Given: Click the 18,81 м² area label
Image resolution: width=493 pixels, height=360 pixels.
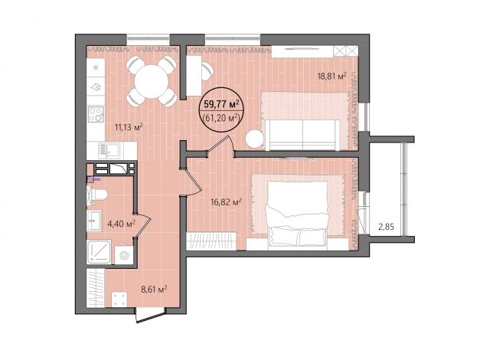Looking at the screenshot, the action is (x=331, y=76).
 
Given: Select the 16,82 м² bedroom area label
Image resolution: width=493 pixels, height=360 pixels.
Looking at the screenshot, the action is (x=227, y=201).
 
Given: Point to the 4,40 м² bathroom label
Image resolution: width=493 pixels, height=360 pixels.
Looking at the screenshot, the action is (x=122, y=224).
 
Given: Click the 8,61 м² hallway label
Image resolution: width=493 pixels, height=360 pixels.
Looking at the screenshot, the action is (x=154, y=289).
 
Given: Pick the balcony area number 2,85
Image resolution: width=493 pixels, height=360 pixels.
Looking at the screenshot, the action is (x=386, y=227).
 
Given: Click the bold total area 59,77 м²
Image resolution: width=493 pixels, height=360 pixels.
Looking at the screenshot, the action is (x=222, y=103).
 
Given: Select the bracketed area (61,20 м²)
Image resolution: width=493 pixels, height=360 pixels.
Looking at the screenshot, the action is (x=222, y=118).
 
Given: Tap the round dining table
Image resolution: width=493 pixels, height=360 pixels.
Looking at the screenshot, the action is (x=152, y=81).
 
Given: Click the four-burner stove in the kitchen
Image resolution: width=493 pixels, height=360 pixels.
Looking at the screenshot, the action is (x=96, y=114).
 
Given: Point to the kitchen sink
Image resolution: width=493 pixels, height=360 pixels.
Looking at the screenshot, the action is (x=109, y=151).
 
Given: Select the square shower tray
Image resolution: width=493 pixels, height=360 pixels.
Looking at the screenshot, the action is (x=99, y=252).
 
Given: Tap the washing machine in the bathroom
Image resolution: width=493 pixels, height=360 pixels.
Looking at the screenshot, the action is (x=124, y=255).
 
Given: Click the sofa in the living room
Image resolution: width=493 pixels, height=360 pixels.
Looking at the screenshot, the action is (x=303, y=135).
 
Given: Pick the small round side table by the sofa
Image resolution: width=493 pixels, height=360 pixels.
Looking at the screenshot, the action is (x=254, y=139).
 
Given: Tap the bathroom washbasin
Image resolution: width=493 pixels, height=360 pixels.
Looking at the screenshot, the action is (x=94, y=221).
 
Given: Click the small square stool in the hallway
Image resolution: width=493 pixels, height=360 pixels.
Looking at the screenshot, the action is (x=119, y=299).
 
